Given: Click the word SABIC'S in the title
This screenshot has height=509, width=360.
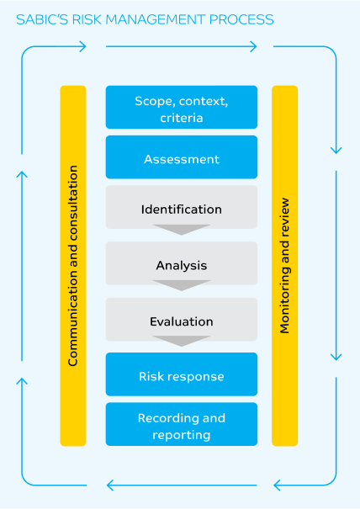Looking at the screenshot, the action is tap(42, 20).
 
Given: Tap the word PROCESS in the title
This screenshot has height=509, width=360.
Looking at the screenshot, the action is tap(241, 20).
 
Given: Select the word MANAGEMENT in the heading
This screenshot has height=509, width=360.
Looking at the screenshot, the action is tap(156, 20).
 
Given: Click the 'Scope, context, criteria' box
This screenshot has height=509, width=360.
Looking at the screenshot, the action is tap(182, 107).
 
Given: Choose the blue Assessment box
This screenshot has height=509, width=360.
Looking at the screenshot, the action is tap(182, 157).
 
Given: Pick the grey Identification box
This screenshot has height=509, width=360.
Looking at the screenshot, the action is tap(182, 207).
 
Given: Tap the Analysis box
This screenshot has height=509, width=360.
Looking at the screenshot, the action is tap(182, 263).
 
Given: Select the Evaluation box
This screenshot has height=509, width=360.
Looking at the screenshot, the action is tap(182, 320).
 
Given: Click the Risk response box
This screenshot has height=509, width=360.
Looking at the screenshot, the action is tap(182, 374).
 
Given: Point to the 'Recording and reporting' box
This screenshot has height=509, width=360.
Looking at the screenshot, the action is tap(182, 424).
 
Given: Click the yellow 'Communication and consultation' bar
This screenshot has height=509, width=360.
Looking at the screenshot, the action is tap(73, 266).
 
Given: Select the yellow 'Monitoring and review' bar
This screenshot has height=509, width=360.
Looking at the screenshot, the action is tap(284, 266).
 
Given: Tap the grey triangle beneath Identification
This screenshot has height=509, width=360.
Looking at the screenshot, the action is tap(182, 230).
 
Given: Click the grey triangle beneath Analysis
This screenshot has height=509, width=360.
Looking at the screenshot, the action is tap(182, 285).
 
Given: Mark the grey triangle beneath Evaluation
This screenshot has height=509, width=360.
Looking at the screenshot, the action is tap(182, 342).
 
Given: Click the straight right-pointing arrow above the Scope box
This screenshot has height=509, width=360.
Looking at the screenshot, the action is tap(182, 46).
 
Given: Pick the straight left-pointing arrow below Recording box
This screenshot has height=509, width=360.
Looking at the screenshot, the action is tap(182, 485).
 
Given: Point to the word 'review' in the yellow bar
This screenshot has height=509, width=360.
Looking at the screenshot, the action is tap(284, 216).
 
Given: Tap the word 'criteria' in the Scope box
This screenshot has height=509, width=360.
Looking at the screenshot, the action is tap(182, 118).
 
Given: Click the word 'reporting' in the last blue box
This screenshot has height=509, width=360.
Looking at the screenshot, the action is tap(182, 435).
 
